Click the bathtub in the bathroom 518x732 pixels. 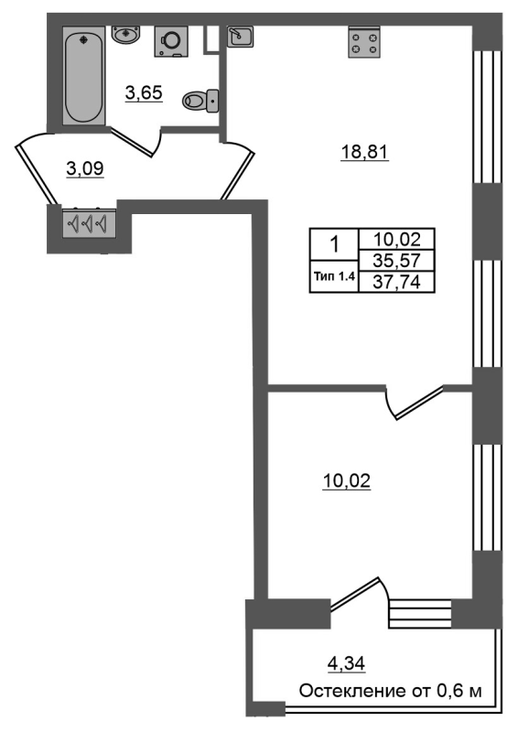[x=84, y=78]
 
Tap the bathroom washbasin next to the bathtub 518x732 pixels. [x=126, y=35]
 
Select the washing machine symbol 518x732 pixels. [x=171, y=41]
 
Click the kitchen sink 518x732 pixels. [x=240, y=36]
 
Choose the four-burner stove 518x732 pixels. [x=364, y=42]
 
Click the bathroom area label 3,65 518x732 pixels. [x=144, y=93]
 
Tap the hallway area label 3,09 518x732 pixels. [x=84, y=168]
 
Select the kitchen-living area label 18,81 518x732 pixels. [x=365, y=152]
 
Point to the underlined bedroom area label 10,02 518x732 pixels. [x=346, y=481]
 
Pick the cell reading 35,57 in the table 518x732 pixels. [x=396, y=260]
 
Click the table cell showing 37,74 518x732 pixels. [x=396, y=282]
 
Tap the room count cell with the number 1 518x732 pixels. [x=334, y=244]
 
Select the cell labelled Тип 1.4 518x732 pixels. [x=334, y=276]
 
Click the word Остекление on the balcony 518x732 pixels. [x=347, y=691]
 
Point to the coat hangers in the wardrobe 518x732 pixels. [x=87, y=223]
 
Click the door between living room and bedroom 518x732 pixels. [x=418, y=401]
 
